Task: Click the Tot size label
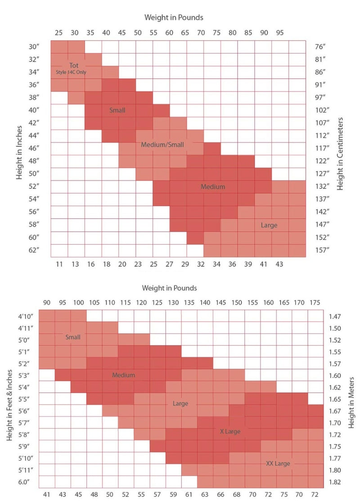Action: click(74, 66)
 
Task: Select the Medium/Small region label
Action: click(162, 145)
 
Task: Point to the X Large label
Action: click(230, 431)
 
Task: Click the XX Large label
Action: click(278, 463)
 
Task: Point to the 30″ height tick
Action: click(34, 46)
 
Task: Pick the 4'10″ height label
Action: click(22, 316)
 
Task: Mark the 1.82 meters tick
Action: click(335, 482)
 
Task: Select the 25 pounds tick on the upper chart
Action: click(59, 32)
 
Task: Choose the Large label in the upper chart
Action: click(269, 225)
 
